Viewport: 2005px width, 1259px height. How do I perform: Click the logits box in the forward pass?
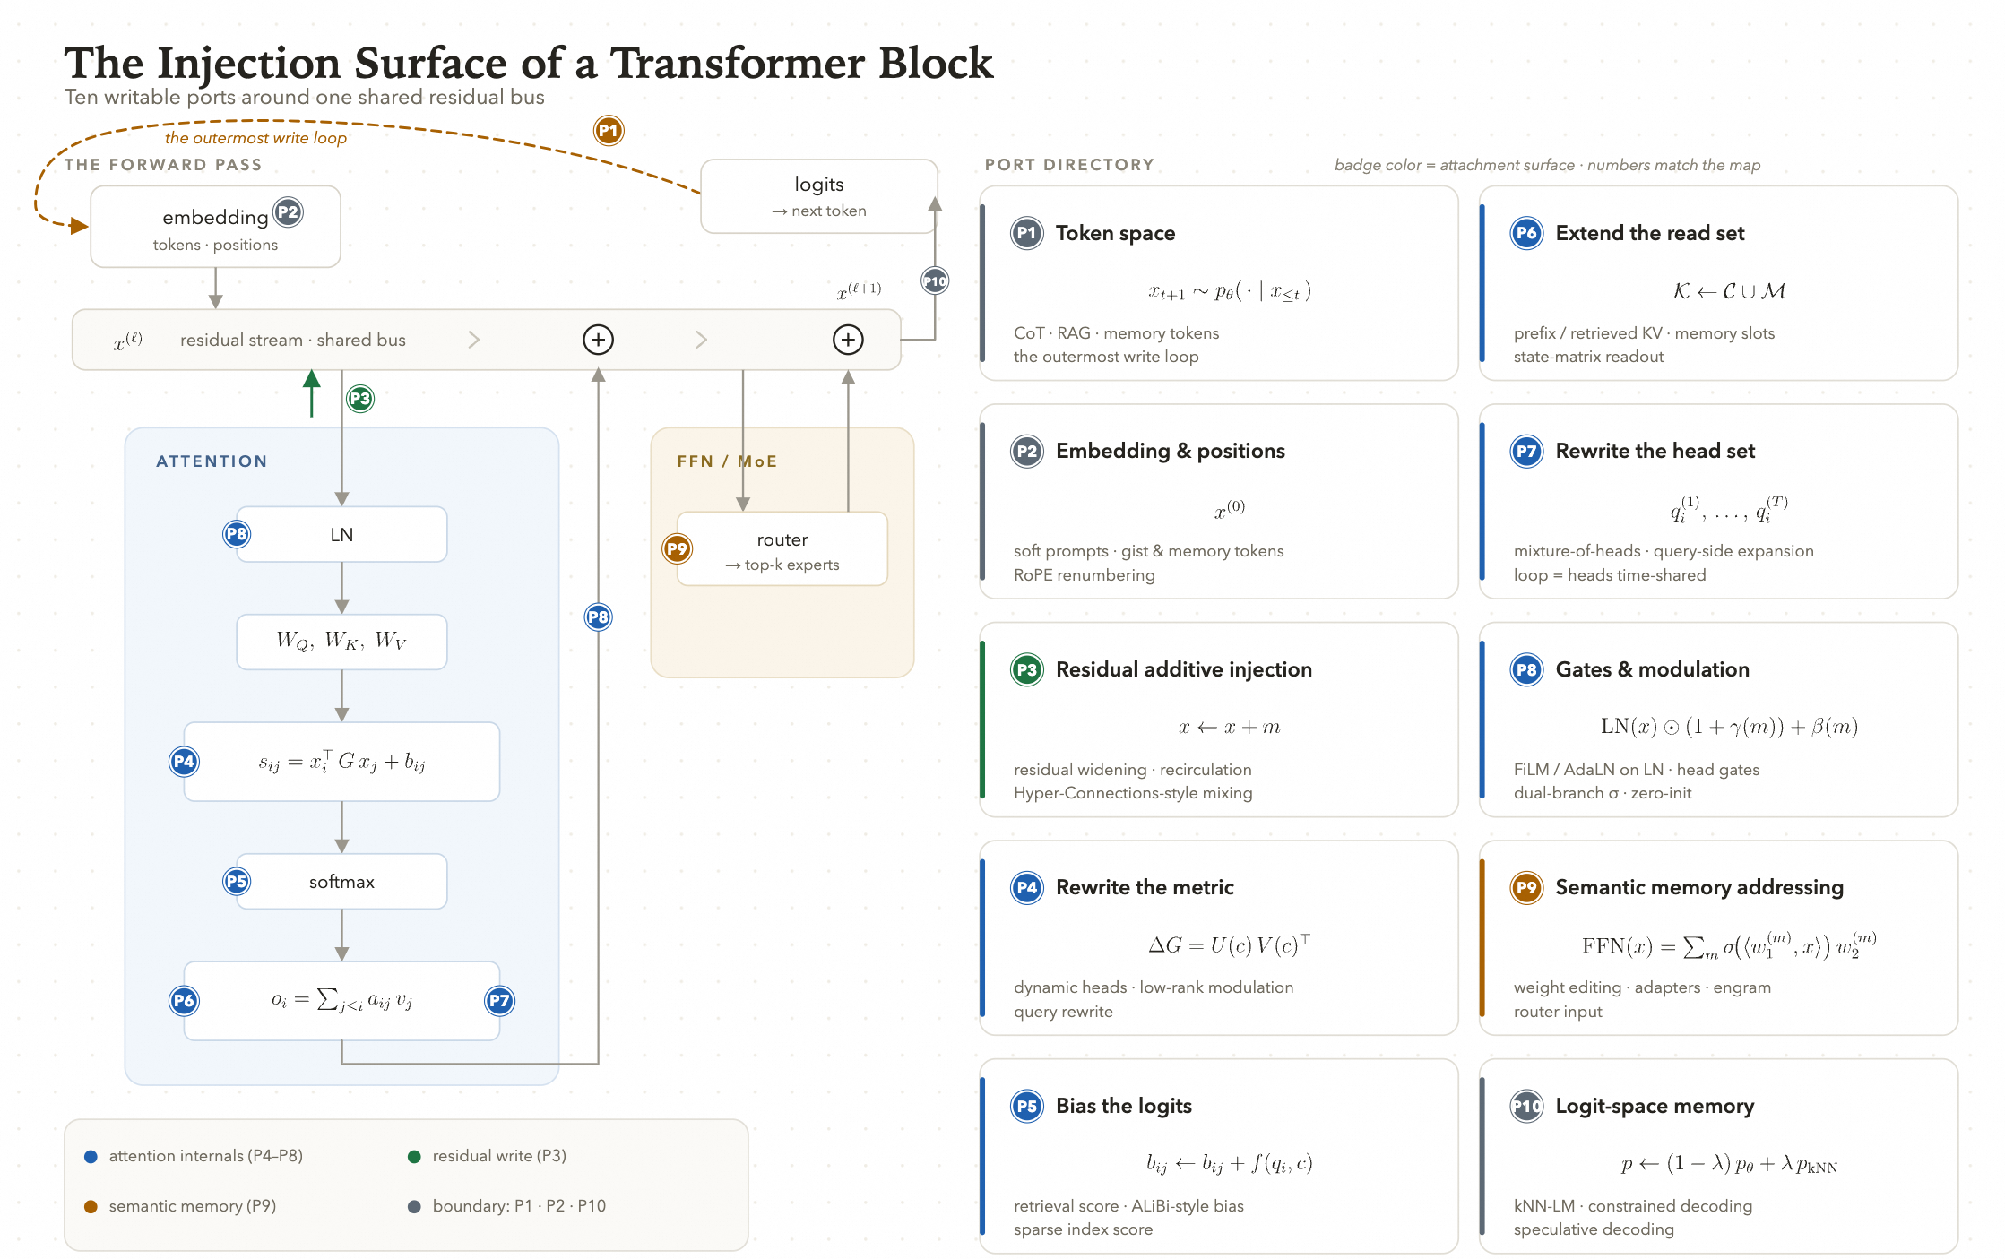[818, 196]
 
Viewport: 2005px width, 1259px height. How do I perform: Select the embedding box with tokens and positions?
[215, 227]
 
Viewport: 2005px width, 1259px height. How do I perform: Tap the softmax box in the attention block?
[341, 882]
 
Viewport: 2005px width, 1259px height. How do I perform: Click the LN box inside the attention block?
[341, 535]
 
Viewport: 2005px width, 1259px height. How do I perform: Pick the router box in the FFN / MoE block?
[782, 549]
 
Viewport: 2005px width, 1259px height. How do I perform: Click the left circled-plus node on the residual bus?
[598, 340]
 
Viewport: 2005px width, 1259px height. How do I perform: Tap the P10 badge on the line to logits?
[935, 281]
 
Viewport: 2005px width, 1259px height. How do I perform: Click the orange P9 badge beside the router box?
[677, 548]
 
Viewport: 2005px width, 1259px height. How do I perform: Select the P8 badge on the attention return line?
[598, 617]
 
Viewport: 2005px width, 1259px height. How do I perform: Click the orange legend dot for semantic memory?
[91, 1206]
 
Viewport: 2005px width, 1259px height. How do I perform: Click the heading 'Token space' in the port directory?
[1115, 233]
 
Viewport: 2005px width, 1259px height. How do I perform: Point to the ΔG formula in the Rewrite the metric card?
[1229, 944]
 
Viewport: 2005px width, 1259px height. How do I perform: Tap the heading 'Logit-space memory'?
[1655, 1106]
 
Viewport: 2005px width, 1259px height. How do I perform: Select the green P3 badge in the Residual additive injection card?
[1027, 669]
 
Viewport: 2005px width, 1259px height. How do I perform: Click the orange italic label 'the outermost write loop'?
[255, 138]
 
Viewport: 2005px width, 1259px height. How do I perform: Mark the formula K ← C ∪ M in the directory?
[1729, 291]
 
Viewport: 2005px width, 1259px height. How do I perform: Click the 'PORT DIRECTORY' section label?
[1069, 165]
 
